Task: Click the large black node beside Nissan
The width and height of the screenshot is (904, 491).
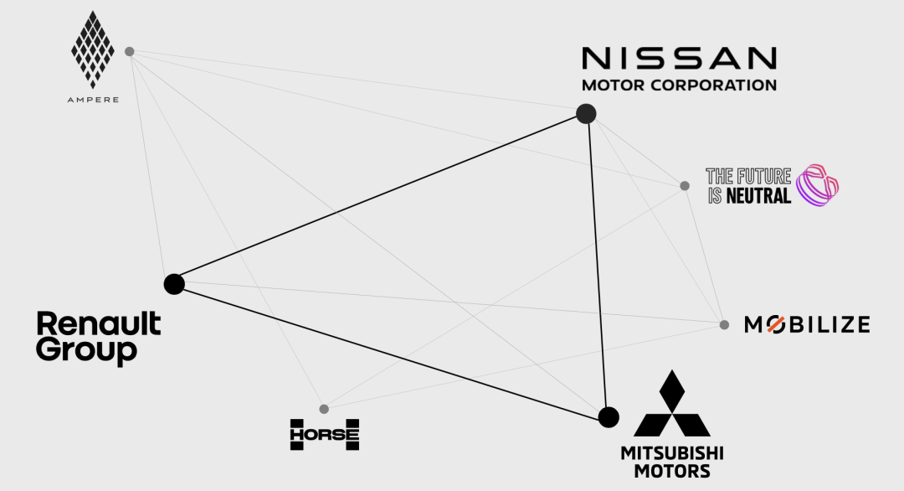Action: coord(586,114)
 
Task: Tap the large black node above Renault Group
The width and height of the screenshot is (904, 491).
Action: coord(174,284)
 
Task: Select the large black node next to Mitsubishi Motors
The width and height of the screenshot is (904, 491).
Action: coord(609,417)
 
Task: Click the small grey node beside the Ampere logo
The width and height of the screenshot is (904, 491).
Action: coord(130,51)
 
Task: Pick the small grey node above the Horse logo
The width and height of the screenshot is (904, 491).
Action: coord(324,409)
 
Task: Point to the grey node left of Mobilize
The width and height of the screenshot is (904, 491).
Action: coord(724,325)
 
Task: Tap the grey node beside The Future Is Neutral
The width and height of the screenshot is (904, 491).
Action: coord(685,186)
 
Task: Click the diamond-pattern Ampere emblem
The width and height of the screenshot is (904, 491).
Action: coord(93,49)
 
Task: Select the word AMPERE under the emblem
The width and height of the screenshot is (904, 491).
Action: coord(93,100)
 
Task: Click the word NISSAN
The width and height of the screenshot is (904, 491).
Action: coord(679,59)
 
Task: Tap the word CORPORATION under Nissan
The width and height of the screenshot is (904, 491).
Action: coord(714,85)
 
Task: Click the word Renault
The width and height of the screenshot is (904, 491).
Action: coord(99,323)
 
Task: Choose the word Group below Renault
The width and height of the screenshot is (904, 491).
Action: coord(86,350)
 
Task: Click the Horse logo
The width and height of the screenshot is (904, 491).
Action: coord(325,435)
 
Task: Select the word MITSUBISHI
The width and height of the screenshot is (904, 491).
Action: coord(672,453)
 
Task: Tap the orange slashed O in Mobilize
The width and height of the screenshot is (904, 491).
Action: coord(775,325)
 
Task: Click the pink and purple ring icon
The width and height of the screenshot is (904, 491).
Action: coord(818,185)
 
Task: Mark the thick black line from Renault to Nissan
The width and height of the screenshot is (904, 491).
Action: coord(380,199)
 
